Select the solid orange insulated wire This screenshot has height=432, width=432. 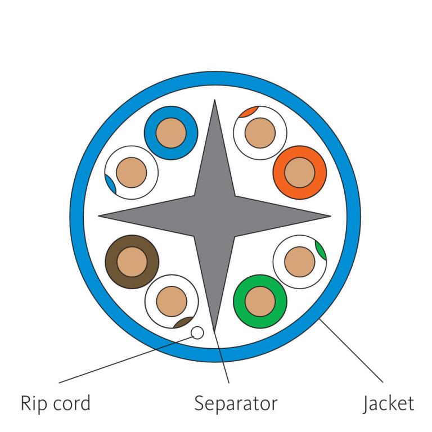click(x=300, y=172)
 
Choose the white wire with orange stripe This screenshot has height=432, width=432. click(x=260, y=133)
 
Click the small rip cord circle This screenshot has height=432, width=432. click(x=197, y=333)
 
